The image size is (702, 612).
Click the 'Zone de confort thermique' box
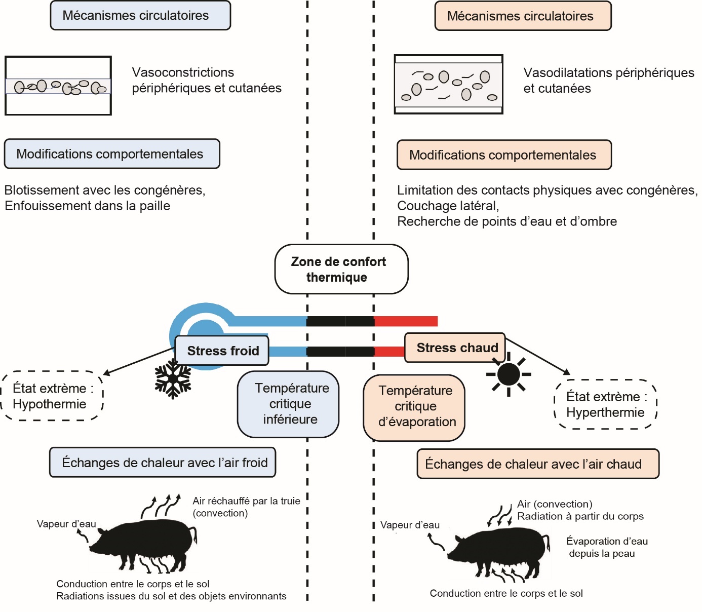341,269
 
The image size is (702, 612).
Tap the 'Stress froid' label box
222,350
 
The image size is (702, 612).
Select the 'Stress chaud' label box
455,348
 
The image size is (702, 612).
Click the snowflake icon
173,378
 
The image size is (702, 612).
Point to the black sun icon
509,374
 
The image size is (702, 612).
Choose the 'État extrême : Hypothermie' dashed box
52,396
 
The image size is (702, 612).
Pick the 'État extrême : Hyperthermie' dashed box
606,404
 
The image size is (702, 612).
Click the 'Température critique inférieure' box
288,404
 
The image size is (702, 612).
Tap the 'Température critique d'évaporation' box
414,407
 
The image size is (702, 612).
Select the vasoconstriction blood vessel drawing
58,86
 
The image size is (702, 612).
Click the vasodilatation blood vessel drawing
448,84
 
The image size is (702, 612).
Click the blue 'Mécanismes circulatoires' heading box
140,15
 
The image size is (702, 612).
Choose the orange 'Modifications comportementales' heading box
504,155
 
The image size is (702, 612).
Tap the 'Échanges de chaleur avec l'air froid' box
163,463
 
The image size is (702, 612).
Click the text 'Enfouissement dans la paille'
87,206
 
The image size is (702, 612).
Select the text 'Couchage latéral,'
448,206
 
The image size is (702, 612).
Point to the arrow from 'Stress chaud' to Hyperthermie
538,356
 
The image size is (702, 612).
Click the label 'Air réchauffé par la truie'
246,501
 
